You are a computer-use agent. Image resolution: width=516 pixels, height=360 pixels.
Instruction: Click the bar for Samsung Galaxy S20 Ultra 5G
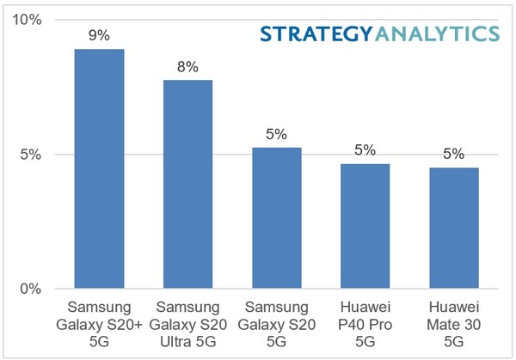click(187, 184)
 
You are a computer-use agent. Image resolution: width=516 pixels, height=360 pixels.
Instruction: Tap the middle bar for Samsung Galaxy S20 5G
click(276, 218)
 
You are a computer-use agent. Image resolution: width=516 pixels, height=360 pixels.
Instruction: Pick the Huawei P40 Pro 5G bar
click(365, 226)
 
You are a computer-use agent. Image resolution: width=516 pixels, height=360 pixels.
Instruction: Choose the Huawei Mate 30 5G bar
click(453, 228)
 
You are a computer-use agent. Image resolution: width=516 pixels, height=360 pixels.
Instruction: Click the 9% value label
click(99, 36)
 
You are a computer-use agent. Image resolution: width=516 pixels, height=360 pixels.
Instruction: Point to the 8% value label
click(187, 66)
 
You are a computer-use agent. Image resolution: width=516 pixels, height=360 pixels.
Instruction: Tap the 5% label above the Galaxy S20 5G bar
click(276, 134)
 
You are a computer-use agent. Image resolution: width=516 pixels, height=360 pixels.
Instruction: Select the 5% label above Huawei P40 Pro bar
click(365, 150)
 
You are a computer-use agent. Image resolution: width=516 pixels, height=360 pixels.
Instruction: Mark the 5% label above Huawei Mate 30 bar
click(453, 155)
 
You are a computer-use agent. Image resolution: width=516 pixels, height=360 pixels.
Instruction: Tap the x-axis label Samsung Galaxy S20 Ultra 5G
click(187, 323)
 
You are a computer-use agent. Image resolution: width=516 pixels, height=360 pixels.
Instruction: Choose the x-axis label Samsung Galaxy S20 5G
click(276, 323)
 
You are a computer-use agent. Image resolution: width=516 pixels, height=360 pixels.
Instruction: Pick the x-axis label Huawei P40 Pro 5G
click(365, 323)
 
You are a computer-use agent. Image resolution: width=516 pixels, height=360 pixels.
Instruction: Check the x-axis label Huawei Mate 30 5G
click(453, 323)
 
